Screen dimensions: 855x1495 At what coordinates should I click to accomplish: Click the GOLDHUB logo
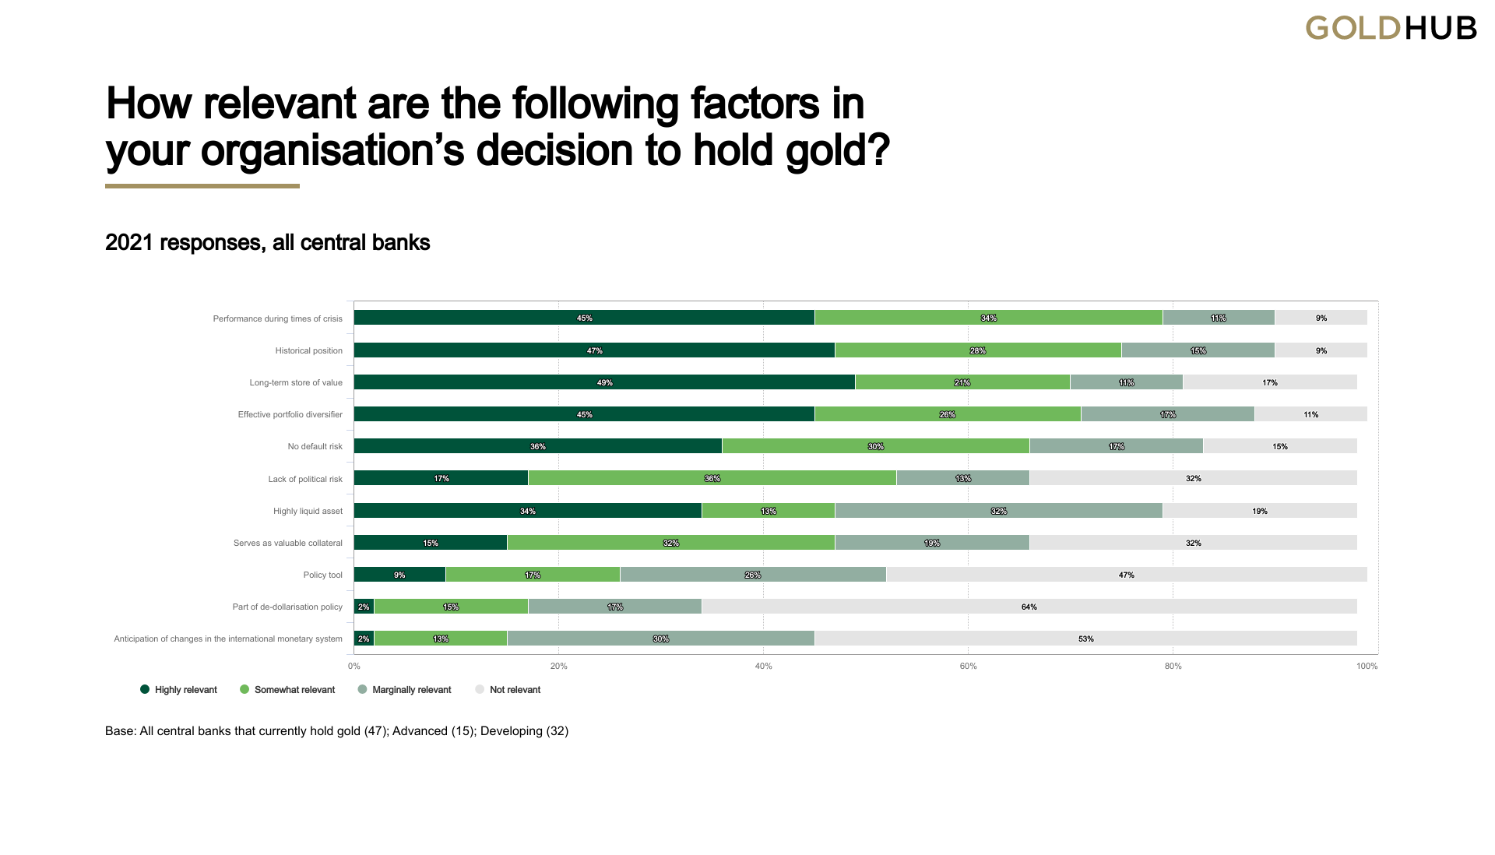coord(1391,29)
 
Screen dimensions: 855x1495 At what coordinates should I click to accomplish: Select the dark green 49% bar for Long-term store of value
coord(604,382)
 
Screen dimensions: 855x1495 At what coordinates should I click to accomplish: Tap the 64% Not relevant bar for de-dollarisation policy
coord(1029,607)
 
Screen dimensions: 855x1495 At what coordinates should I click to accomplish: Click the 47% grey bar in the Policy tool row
coord(1126,575)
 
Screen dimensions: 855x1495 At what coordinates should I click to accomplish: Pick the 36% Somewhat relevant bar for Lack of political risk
coord(712,478)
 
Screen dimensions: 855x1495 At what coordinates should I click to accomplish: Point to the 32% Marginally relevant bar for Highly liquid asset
coord(998,511)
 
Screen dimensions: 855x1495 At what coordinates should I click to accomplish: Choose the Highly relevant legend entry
coord(178,690)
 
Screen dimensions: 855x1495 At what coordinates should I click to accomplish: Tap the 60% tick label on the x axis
coord(968,667)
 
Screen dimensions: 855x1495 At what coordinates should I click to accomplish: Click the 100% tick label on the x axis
coord(1367,667)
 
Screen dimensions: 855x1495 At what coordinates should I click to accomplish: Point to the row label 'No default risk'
coord(315,447)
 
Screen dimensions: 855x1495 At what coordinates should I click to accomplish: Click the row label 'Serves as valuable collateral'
coord(287,543)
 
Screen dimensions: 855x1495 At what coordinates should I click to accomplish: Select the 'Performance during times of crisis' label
coord(277,318)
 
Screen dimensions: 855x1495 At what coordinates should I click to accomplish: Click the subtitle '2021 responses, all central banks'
coord(267,243)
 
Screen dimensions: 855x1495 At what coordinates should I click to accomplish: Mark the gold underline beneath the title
coord(202,186)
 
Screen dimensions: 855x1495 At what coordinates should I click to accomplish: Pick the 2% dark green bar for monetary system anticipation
coord(364,639)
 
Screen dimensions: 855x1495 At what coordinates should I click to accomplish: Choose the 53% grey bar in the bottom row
coord(1085,639)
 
